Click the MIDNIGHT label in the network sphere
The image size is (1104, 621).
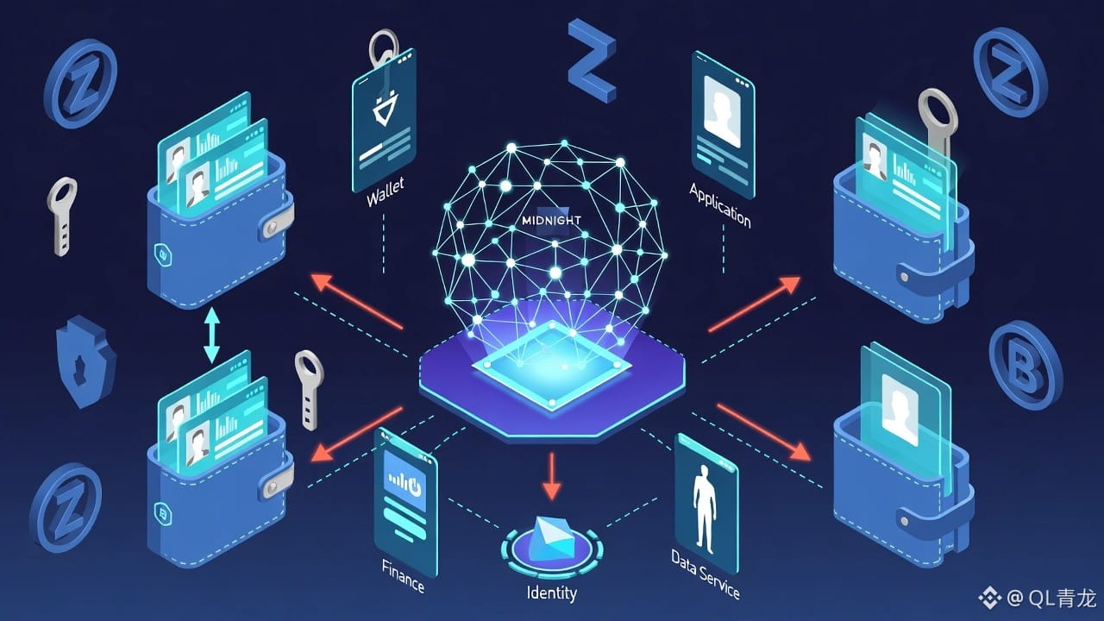[552, 220]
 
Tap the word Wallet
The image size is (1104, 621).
[385, 192]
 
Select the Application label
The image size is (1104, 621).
[719, 205]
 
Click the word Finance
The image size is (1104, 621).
[403, 575]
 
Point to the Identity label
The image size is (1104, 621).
[551, 593]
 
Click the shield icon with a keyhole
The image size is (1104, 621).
[85, 362]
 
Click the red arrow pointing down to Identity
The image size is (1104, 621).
[552, 479]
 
